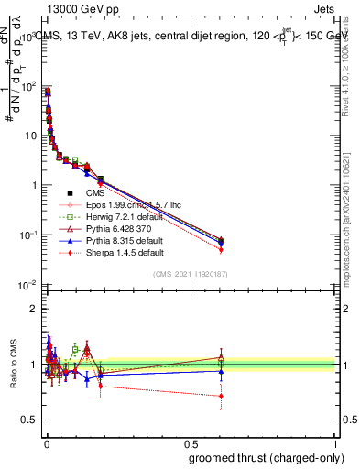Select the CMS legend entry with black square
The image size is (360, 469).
(96, 193)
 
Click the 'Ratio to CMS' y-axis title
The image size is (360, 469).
(13, 365)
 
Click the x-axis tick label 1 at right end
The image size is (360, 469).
(336, 443)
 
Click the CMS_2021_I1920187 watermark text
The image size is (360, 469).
(191, 274)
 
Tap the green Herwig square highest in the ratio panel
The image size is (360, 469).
(75, 349)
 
